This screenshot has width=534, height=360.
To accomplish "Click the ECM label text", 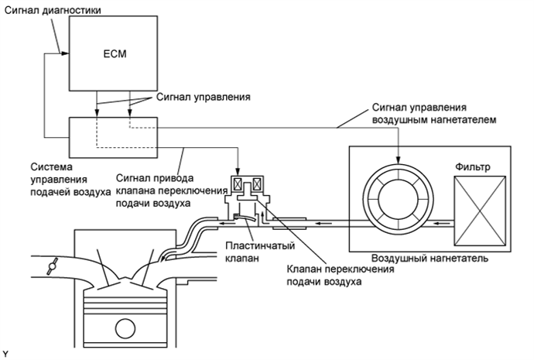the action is [x=115, y=54].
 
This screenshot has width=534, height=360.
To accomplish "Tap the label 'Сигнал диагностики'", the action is [x=53, y=10].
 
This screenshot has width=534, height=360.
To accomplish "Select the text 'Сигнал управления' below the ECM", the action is [x=204, y=97].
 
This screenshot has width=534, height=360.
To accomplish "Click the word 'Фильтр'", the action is [x=473, y=167].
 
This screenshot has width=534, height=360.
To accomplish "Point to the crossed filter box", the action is [x=480, y=211].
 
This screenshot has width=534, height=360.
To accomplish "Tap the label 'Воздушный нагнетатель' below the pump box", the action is [x=430, y=258].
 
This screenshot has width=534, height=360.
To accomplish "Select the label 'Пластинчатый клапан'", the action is [x=260, y=252].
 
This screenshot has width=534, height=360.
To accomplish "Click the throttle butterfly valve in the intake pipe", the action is [x=53, y=266].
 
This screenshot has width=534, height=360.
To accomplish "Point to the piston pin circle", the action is [x=125, y=328].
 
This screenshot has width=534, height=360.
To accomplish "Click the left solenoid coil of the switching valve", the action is [x=238, y=184].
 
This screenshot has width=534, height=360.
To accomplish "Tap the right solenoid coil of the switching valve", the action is [x=257, y=184].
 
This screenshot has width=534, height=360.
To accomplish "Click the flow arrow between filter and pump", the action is [x=443, y=224].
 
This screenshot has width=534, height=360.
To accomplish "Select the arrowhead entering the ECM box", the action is [x=65, y=53].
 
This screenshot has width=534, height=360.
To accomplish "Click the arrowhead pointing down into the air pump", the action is [x=398, y=159].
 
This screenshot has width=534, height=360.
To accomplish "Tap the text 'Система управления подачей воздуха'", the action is [x=70, y=180].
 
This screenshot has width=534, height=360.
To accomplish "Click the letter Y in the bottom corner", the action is [x=5, y=354].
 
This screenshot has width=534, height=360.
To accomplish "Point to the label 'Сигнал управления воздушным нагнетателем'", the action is [x=434, y=114].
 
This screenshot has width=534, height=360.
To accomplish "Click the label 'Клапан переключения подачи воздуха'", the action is [x=341, y=276].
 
